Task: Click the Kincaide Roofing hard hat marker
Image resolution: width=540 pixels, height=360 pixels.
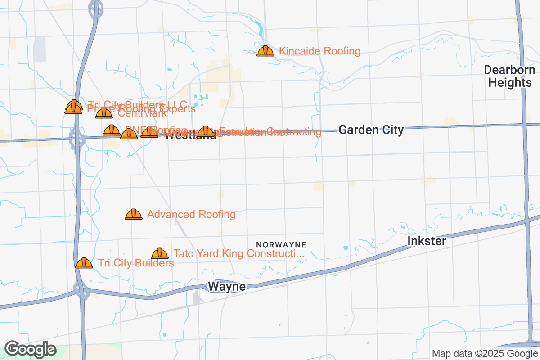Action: pyautogui.click(x=265, y=51)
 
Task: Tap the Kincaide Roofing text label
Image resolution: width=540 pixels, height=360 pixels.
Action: pyautogui.click(x=319, y=51)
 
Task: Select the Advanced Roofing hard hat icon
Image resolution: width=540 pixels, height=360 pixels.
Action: pyautogui.click(x=134, y=214)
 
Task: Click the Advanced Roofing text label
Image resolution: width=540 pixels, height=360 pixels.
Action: pyautogui.click(x=191, y=215)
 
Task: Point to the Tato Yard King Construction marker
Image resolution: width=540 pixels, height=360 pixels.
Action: pyautogui.click(x=160, y=253)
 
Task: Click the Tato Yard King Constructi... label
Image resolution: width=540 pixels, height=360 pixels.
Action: pyautogui.click(x=239, y=254)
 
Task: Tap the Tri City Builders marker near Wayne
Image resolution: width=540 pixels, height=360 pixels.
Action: pyautogui.click(x=84, y=263)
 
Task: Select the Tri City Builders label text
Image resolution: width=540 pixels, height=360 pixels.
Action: pyautogui.click(x=136, y=263)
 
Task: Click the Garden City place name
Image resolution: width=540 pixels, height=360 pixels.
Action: pyautogui.click(x=371, y=130)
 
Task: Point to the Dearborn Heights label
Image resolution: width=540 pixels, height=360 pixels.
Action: pyautogui.click(x=510, y=76)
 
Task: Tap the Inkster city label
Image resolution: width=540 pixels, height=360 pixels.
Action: pyautogui.click(x=427, y=241)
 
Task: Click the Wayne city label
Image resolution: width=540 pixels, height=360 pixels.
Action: pyautogui.click(x=227, y=287)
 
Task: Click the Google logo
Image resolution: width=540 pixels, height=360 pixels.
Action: pyautogui.click(x=31, y=349)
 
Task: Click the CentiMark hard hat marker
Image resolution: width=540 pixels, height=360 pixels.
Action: pyautogui.click(x=103, y=113)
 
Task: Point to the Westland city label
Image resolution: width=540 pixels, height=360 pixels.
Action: pyautogui.click(x=189, y=136)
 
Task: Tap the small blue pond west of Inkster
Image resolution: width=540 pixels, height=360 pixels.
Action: pyautogui.click(x=345, y=247)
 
